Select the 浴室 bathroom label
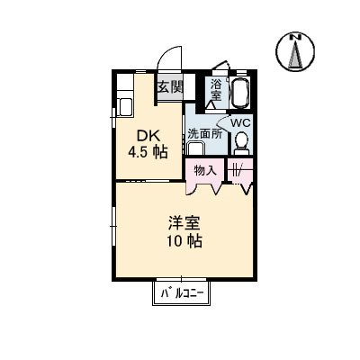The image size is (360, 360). click(x=216, y=89)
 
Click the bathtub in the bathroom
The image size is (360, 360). click(x=239, y=92)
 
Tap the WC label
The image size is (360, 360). click(x=239, y=123)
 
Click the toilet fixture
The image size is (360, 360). click(x=240, y=143)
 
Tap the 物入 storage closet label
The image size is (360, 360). click(x=204, y=169)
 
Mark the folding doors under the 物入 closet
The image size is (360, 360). click(x=204, y=188)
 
